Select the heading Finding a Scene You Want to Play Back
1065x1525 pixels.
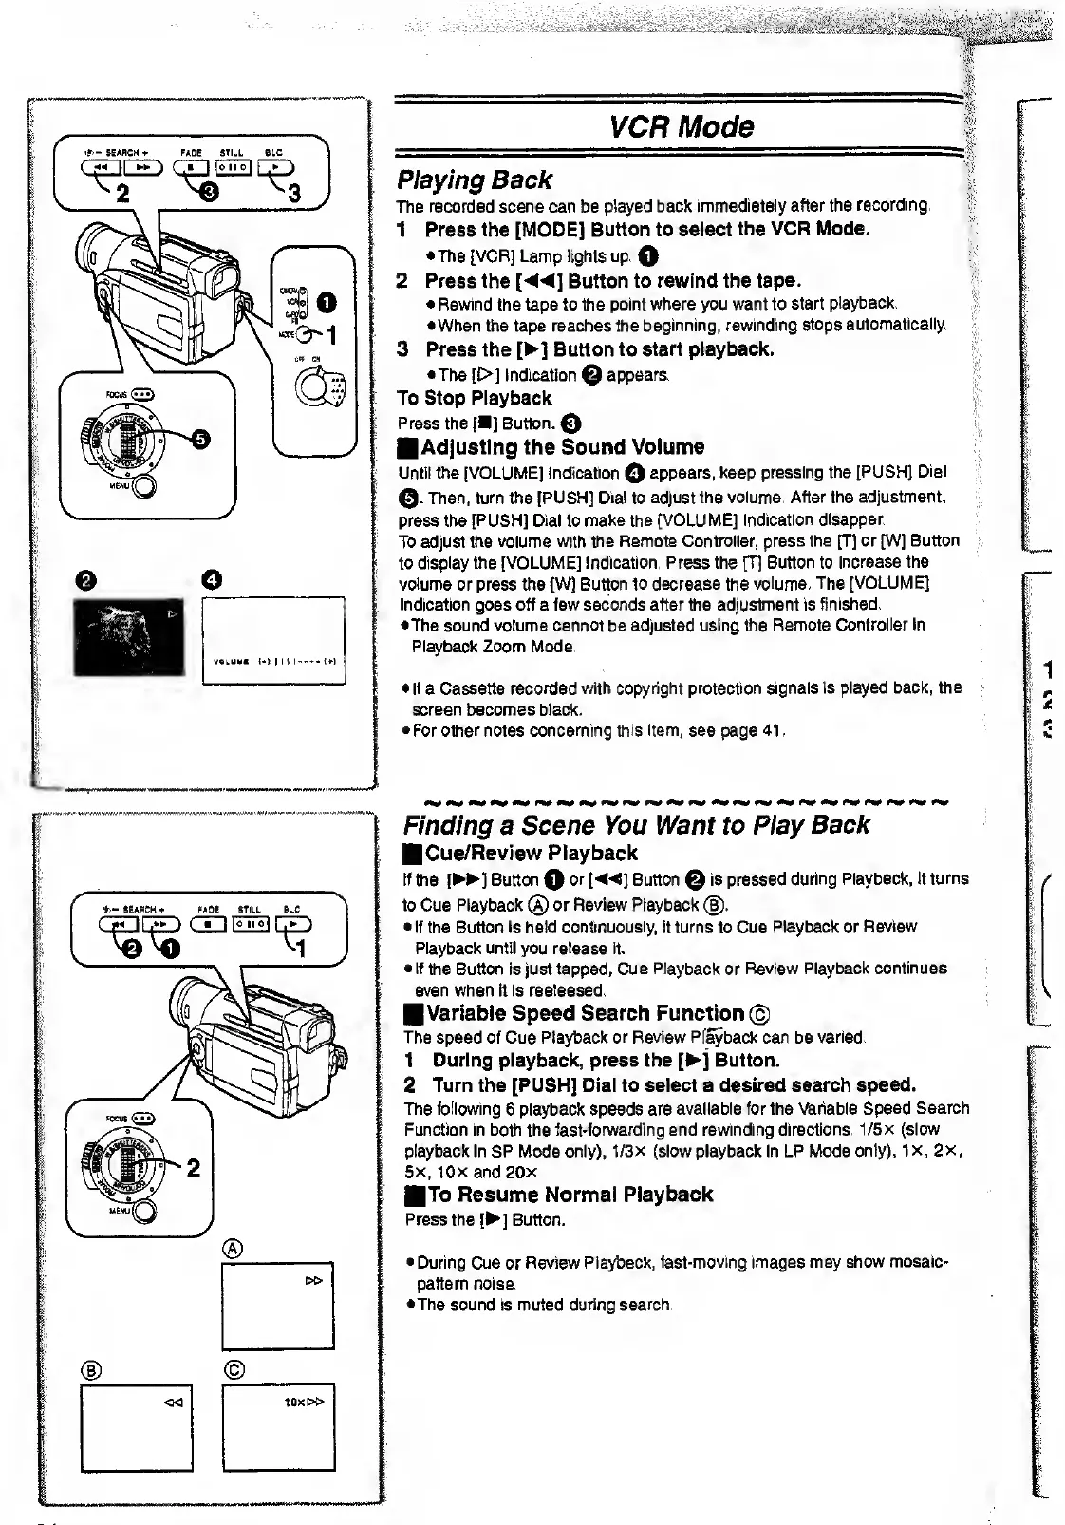pyautogui.click(x=636, y=824)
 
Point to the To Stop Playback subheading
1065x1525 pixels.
pyautogui.click(x=474, y=398)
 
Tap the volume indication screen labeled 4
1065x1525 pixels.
pyautogui.click(x=273, y=639)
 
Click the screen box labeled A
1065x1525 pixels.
pyautogui.click(x=277, y=1306)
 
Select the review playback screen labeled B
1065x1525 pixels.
pyautogui.click(x=137, y=1427)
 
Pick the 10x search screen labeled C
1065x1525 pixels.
pyautogui.click(x=278, y=1427)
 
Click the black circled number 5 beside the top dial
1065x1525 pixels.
pyautogui.click(x=201, y=438)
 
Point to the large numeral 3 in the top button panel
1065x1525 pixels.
pyautogui.click(x=294, y=195)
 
